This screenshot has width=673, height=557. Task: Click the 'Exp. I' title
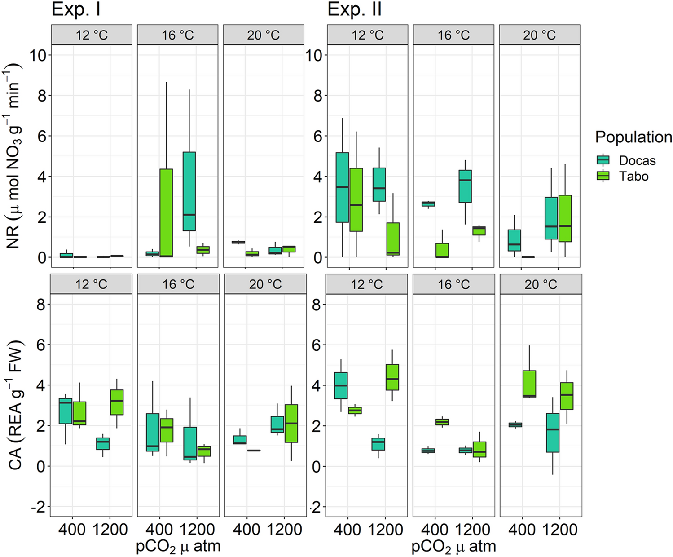[x=76, y=9]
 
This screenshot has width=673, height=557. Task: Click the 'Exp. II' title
[x=355, y=9]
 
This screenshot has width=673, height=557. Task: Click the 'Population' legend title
[x=633, y=137]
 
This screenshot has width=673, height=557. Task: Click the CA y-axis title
[x=16, y=404]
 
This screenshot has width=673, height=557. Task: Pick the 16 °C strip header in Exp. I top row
[x=177, y=35]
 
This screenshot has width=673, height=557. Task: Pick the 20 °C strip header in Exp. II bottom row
[x=541, y=284]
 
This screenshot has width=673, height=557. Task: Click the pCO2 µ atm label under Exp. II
[x=453, y=547]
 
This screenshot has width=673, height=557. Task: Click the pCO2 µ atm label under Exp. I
[x=178, y=547]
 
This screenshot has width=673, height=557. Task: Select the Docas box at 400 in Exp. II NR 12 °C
[x=343, y=187]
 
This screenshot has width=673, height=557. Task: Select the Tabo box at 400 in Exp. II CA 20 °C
[x=529, y=384]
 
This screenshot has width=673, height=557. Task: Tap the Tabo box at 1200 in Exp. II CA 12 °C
[x=392, y=377]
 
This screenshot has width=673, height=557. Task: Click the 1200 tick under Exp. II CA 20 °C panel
[x=559, y=530]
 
